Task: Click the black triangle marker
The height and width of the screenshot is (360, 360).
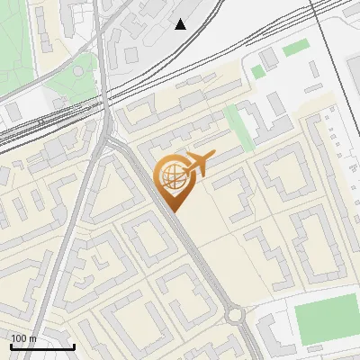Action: (181, 24)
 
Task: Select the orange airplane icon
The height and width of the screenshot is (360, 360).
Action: (198, 164)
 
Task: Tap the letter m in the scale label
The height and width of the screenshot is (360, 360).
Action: (33, 338)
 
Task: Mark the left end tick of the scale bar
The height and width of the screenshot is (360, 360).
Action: (11, 346)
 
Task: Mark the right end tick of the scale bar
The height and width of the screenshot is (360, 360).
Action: (74, 346)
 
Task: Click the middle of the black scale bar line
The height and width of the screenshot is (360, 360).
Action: (42, 347)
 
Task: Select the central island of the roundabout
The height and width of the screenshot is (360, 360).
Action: (235, 316)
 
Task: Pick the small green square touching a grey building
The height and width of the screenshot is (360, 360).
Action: (258, 71)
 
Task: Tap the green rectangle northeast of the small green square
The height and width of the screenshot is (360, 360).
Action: (295, 48)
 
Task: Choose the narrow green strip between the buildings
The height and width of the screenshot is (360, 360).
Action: (239, 127)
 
